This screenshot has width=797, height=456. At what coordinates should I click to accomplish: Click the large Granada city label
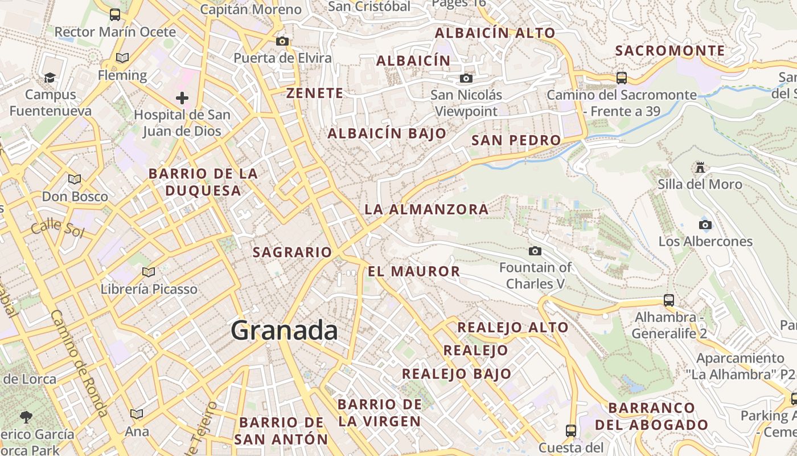(x=284, y=331)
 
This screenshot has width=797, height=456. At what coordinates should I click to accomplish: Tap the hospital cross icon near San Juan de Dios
(x=182, y=98)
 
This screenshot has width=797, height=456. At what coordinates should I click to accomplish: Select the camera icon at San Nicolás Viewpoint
(x=466, y=78)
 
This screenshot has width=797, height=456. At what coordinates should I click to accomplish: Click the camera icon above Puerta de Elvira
(x=282, y=41)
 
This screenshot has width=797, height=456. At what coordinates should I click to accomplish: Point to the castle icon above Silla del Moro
(x=700, y=168)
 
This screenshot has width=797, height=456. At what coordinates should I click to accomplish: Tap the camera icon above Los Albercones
(x=705, y=225)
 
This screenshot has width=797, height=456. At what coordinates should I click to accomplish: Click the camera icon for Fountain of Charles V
(x=535, y=251)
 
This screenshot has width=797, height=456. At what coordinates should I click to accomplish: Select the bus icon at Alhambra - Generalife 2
(x=669, y=300)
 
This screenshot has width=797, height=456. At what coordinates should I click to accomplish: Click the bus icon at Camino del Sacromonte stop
(x=622, y=78)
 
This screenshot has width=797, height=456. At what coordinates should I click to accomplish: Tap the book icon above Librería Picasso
(x=149, y=272)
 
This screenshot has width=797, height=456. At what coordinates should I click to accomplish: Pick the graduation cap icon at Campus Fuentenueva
(x=50, y=78)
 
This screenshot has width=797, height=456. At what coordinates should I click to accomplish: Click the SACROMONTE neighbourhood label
(x=670, y=51)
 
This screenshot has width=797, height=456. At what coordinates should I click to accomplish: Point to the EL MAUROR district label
(x=414, y=271)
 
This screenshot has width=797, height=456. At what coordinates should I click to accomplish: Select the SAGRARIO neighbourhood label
(x=292, y=252)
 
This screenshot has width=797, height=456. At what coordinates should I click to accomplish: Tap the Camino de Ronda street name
(x=79, y=363)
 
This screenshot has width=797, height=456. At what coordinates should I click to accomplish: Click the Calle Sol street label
(x=57, y=228)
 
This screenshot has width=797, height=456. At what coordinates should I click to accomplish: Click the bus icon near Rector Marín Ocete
(x=115, y=15)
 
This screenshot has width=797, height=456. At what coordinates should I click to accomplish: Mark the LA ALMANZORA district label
(x=426, y=209)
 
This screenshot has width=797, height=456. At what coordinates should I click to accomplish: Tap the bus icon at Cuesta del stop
(x=571, y=430)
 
